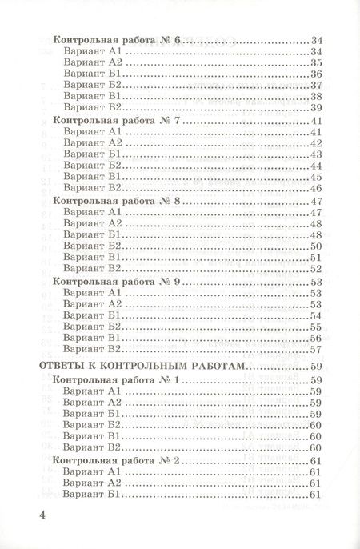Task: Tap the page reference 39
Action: pos(314,107)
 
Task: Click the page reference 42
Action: pos(314,143)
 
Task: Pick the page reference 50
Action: pos(314,246)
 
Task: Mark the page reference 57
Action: pos(314,349)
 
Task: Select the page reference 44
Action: pos(314,166)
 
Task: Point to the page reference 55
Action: pos(314,327)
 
